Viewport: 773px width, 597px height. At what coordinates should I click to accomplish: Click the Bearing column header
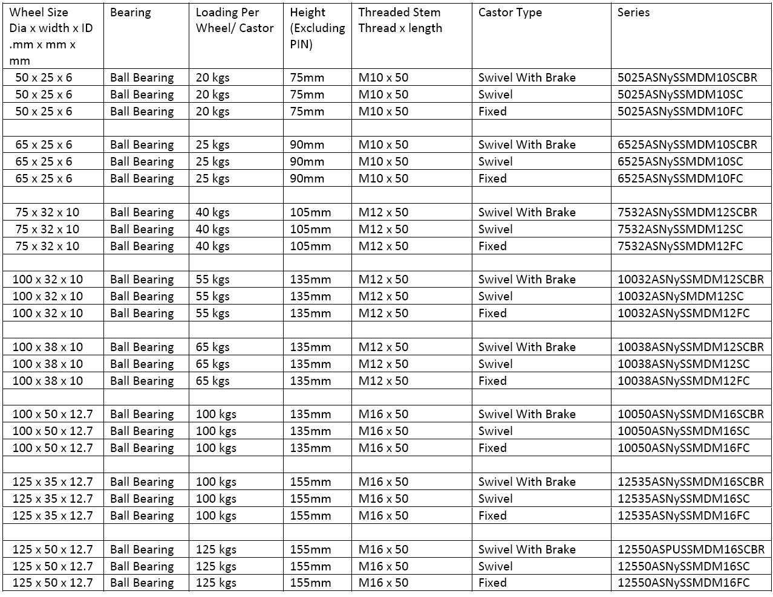[131, 12]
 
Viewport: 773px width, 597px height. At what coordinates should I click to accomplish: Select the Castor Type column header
[510, 12]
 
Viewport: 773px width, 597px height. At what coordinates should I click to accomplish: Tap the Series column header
[633, 12]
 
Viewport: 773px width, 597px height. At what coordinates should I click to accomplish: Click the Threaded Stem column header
[400, 20]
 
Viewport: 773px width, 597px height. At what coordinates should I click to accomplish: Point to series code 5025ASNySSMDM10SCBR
[687, 77]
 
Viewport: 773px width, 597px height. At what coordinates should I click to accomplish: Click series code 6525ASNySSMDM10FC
[680, 178]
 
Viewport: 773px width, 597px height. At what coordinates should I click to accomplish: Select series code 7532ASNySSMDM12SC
[680, 229]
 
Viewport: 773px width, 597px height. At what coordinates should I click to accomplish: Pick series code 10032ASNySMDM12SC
[680, 296]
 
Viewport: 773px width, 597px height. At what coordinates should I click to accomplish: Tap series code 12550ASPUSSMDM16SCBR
[691, 549]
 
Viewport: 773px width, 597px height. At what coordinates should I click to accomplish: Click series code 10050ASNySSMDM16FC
[683, 448]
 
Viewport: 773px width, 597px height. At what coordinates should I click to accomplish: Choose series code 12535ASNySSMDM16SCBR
[691, 482]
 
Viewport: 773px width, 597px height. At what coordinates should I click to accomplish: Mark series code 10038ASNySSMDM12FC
[683, 381]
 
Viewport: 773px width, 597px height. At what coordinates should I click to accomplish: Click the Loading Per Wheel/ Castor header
[235, 20]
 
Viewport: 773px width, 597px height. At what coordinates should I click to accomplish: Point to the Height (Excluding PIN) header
[317, 28]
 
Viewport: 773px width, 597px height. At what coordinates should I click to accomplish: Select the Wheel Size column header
[51, 36]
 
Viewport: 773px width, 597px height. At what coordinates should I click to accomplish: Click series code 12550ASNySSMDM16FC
[683, 582]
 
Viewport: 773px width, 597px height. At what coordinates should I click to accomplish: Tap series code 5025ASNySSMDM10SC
[680, 94]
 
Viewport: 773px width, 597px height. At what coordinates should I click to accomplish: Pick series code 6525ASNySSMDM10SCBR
[687, 144]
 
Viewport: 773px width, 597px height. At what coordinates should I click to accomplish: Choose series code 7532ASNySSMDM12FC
[680, 246]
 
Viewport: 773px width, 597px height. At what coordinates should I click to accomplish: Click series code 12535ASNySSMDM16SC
[683, 499]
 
